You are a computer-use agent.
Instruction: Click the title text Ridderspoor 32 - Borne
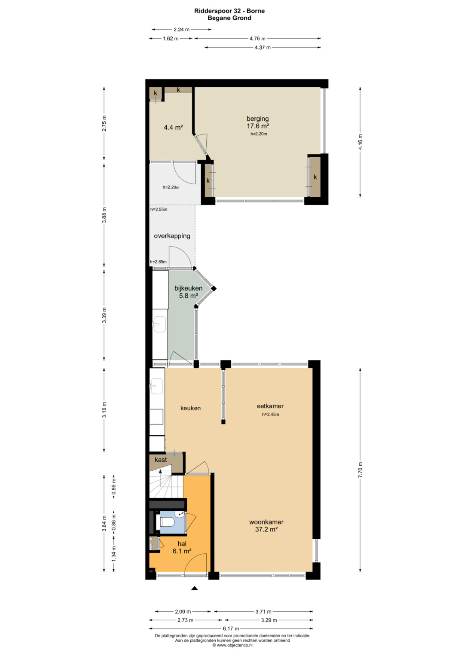(229, 11)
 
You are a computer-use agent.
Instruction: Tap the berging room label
(257, 119)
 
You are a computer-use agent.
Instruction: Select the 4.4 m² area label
(173, 128)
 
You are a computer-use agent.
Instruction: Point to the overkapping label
(172, 236)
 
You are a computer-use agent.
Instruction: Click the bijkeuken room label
(188, 288)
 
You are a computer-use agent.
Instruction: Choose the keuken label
(190, 408)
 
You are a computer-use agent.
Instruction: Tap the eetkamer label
(270, 406)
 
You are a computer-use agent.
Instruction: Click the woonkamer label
(266, 522)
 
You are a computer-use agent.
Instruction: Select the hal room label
(182, 544)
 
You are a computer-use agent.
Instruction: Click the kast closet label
(161, 460)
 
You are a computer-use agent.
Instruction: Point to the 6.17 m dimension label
(231, 629)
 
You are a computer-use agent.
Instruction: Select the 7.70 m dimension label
(360, 470)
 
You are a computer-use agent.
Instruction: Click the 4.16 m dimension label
(360, 142)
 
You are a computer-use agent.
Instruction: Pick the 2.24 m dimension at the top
(182, 29)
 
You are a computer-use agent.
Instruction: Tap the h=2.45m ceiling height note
(270, 415)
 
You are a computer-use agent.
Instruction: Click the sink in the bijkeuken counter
(159, 324)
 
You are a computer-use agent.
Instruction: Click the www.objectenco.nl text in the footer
(234, 645)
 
